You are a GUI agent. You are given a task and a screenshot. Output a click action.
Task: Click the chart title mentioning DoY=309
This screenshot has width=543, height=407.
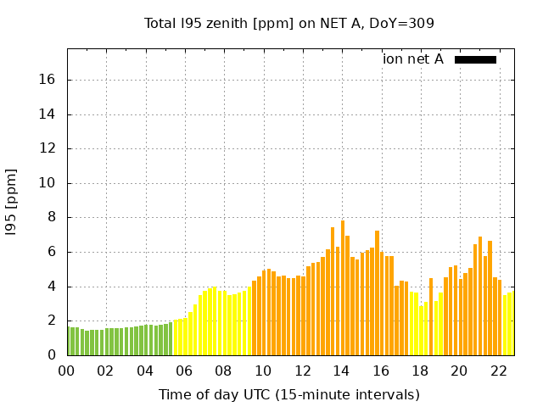click(289, 23)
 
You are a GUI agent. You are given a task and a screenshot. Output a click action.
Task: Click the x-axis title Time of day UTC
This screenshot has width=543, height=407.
click(289, 394)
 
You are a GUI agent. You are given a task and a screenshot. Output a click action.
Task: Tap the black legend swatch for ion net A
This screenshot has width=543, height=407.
click(475, 59)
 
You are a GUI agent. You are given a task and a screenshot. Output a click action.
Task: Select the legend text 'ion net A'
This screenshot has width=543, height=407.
click(413, 59)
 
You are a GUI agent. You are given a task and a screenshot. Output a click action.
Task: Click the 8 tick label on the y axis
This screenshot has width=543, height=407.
click(51, 218)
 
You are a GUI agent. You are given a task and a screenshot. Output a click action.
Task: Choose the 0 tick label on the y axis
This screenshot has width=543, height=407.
click(51, 355)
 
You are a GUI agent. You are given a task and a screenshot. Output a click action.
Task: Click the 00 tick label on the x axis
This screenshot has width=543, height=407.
click(66, 371)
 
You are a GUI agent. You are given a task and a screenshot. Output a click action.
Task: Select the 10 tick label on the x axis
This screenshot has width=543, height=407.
click(263, 371)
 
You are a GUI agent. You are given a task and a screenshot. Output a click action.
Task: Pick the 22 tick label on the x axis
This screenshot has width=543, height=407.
click(499, 371)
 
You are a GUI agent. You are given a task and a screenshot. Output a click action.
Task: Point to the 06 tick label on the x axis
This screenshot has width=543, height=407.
click(184, 371)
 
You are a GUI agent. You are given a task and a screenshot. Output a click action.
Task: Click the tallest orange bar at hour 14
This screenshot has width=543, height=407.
click(343, 288)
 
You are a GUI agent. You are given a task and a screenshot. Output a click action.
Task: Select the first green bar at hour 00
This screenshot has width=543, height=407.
click(69, 341)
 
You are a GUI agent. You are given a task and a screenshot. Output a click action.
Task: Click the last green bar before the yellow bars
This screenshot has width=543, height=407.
click(170, 338)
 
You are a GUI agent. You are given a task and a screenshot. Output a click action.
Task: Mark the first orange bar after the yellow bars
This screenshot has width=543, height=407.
click(254, 318)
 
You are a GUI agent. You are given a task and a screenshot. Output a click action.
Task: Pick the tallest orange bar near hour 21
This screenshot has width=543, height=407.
click(480, 296)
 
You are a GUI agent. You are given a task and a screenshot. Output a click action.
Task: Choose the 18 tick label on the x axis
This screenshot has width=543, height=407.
click(420, 371)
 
